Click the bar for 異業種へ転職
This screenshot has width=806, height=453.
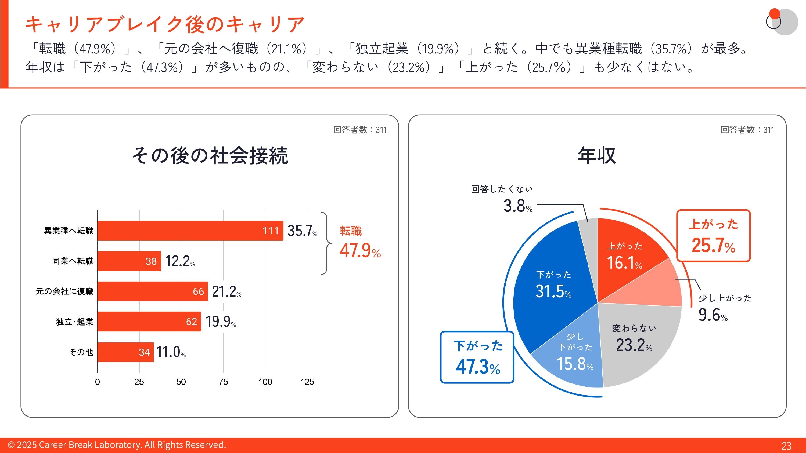click(x=190, y=231)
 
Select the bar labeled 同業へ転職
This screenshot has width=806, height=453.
click(x=129, y=261)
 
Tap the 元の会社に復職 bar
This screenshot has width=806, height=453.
click(x=153, y=291)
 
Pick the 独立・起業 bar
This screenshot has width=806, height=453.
click(x=149, y=322)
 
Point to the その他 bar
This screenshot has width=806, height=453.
click(x=125, y=352)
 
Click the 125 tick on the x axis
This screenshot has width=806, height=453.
click(x=307, y=382)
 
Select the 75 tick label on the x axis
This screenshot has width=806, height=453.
click(x=223, y=382)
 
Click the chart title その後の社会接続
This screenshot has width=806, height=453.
click(x=210, y=155)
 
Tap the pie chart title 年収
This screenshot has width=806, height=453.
click(x=597, y=155)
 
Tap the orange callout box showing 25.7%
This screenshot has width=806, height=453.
click(x=714, y=236)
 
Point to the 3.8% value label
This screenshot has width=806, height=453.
click(x=518, y=206)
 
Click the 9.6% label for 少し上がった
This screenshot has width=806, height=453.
click(x=713, y=315)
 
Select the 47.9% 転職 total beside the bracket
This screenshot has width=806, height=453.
click(x=360, y=250)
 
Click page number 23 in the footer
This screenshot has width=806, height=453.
click(x=786, y=445)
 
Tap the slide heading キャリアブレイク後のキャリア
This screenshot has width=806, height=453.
click(x=165, y=24)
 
